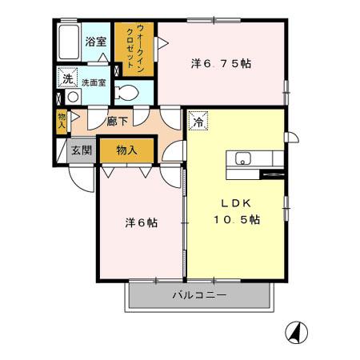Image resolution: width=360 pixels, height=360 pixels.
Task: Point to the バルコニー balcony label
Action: pyautogui.click(x=200, y=296)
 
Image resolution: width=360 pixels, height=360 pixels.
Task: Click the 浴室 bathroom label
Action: pyautogui.click(x=96, y=42)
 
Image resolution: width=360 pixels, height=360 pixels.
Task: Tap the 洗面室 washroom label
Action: pyautogui.click(x=94, y=81)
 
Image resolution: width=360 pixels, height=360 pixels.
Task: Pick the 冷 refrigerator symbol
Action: pyautogui.click(x=197, y=122)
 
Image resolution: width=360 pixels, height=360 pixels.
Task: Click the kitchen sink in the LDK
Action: pyautogui.click(x=244, y=158)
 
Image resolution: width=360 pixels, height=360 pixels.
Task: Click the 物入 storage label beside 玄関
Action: pyautogui.click(x=126, y=150)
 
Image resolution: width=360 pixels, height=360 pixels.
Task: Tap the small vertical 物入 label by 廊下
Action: pyautogui.click(x=62, y=120)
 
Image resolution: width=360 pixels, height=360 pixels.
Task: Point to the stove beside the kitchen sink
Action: pyautogui.click(x=273, y=173)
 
